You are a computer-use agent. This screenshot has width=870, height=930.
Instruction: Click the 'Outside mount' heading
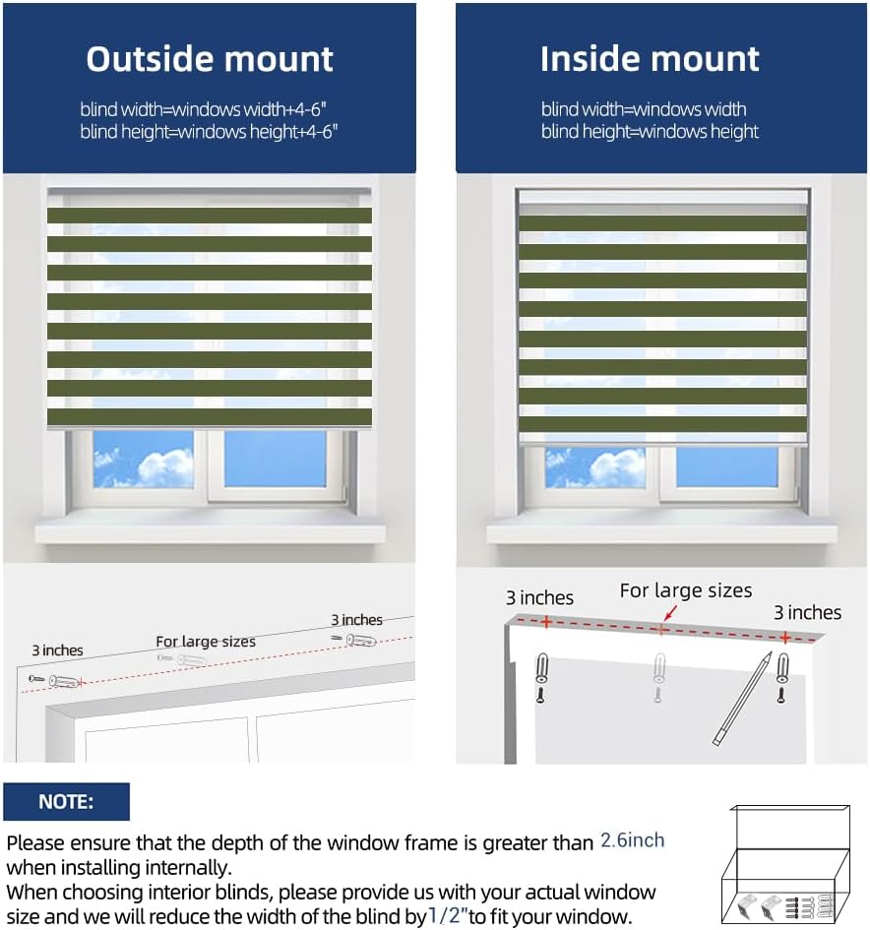[x=210, y=59]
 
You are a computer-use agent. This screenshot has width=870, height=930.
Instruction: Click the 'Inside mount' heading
[x=650, y=59]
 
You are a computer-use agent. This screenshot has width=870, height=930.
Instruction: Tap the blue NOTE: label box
[x=66, y=802]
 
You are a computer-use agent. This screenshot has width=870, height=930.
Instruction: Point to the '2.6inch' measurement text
[x=632, y=841]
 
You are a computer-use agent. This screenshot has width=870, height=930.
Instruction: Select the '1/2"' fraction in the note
[x=447, y=917]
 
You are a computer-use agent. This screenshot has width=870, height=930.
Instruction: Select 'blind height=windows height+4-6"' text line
[x=209, y=132]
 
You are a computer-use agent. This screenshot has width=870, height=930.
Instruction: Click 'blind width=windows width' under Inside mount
[x=644, y=109]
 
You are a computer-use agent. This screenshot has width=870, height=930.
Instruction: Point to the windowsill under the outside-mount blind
[x=210, y=531]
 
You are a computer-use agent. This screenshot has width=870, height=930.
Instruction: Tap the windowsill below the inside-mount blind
[x=661, y=531]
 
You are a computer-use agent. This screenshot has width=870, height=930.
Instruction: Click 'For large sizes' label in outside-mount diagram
[x=206, y=642]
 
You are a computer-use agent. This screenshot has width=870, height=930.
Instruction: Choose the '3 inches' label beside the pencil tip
[x=807, y=613]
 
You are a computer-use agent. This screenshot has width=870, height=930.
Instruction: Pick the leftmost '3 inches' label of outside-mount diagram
[x=57, y=651]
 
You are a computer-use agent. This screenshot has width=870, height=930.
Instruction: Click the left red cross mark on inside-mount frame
[x=543, y=622]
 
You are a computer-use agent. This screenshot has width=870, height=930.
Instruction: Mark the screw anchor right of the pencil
[x=781, y=669]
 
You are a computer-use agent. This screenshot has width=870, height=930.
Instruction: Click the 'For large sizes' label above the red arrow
[x=685, y=590]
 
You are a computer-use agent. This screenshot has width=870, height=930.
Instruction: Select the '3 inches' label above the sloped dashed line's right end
[x=356, y=620]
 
